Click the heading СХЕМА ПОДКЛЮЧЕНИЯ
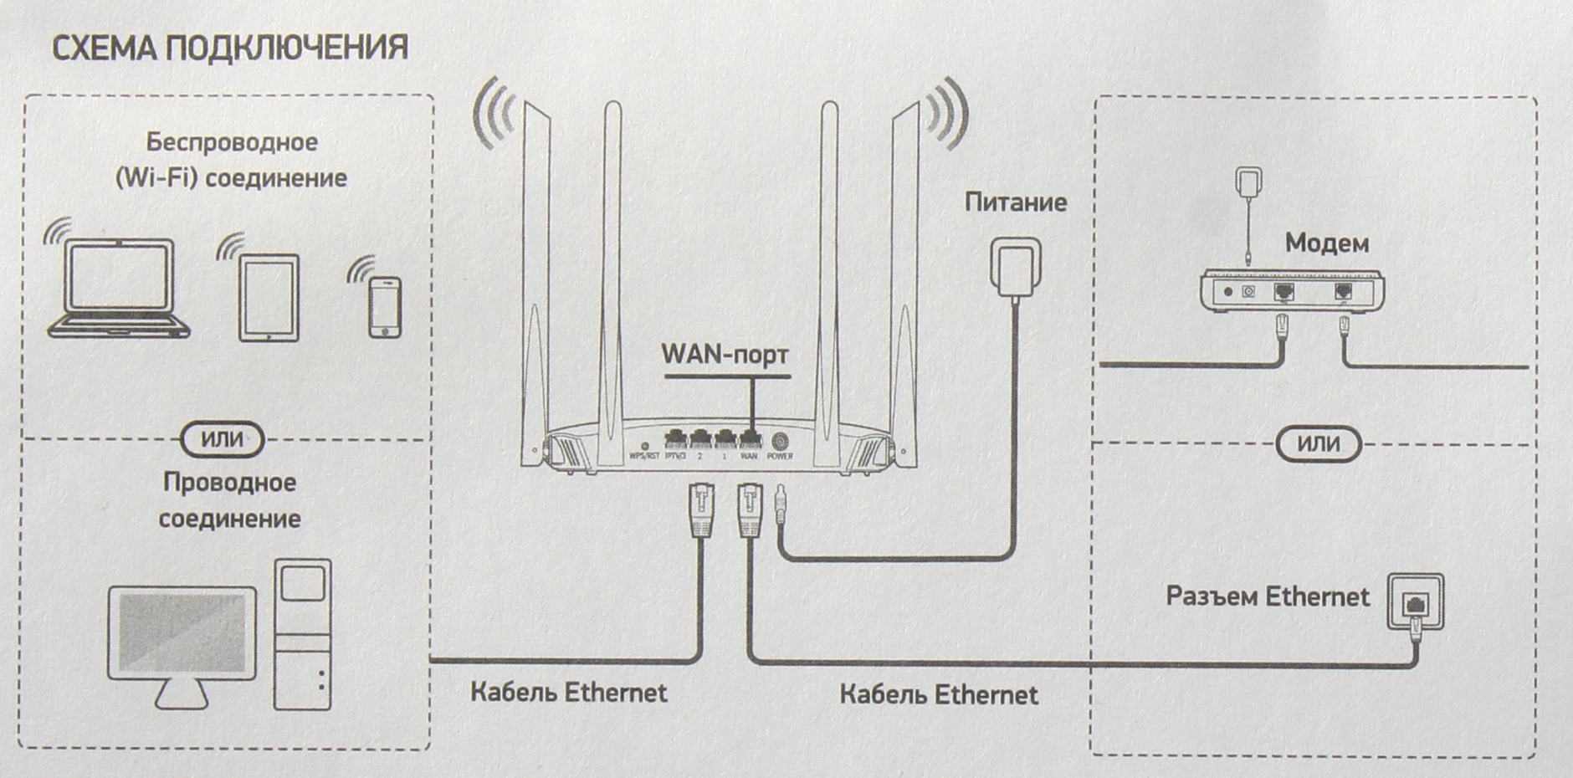coord(230,49)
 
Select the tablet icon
coord(269,298)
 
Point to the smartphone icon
coord(385,307)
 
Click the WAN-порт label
coord(725,355)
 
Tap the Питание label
coord(1016,202)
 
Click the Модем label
coord(1326,243)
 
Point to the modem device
coord(1292,291)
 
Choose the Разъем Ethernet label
coord(1267,596)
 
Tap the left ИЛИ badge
coord(223,439)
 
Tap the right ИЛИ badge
coord(1319,443)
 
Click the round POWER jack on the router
coord(780,441)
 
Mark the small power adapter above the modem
coord(1248,182)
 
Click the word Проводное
coord(229,483)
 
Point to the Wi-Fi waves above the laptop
coord(59,231)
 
